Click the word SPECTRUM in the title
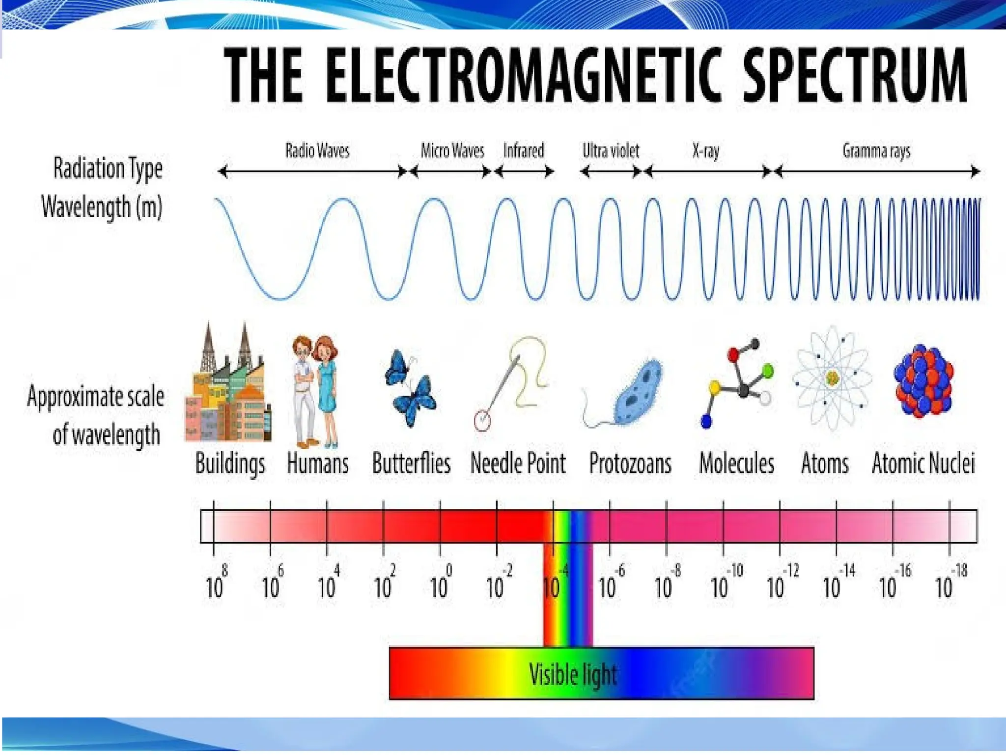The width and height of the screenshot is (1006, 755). [854, 75]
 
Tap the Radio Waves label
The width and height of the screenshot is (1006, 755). [317, 150]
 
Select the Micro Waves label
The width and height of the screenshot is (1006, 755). [452, 150]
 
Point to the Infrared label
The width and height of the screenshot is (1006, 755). [523, 150]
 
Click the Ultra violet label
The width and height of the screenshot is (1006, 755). [611, 151]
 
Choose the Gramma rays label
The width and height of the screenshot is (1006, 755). [876, 151]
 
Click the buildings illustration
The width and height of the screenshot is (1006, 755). [228, 388]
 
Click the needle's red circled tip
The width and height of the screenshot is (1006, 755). [482, 421]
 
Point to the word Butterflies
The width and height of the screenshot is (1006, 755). [411, 463]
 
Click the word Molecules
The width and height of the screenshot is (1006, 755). [736, 463]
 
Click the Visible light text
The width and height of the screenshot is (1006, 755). [573, 674]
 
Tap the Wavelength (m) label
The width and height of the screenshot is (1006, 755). [102, 206]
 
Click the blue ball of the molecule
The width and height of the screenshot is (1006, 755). [706, 421]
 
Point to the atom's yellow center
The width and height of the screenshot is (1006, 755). [832, 377]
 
